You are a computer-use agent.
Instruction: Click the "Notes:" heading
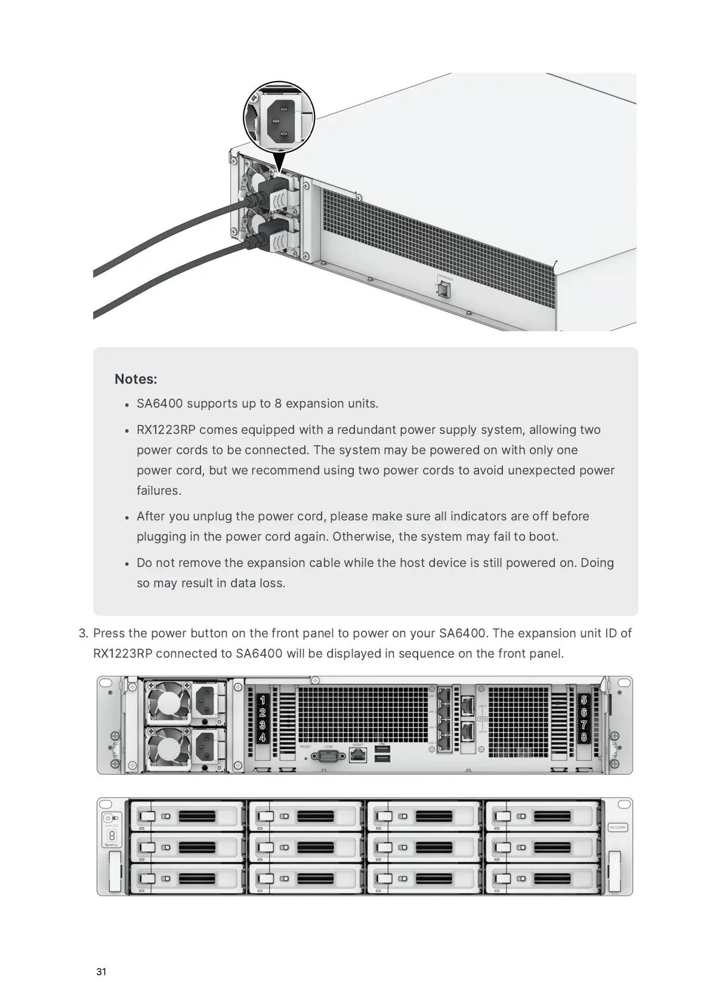pos(135,379)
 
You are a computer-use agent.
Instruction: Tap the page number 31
pos(101,972)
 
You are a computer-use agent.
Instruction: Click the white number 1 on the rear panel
pos(262,699)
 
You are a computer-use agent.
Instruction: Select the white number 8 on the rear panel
pos(584,738)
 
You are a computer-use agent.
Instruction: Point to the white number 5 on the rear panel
pos(584,699)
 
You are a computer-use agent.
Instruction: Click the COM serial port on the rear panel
pos(328,756)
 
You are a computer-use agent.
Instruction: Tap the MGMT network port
pos(357,755)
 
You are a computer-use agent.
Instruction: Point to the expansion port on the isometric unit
pos(443,289)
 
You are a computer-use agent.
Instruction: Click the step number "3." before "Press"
pos(84,633)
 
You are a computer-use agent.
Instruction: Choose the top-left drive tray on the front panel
pos(187,816)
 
